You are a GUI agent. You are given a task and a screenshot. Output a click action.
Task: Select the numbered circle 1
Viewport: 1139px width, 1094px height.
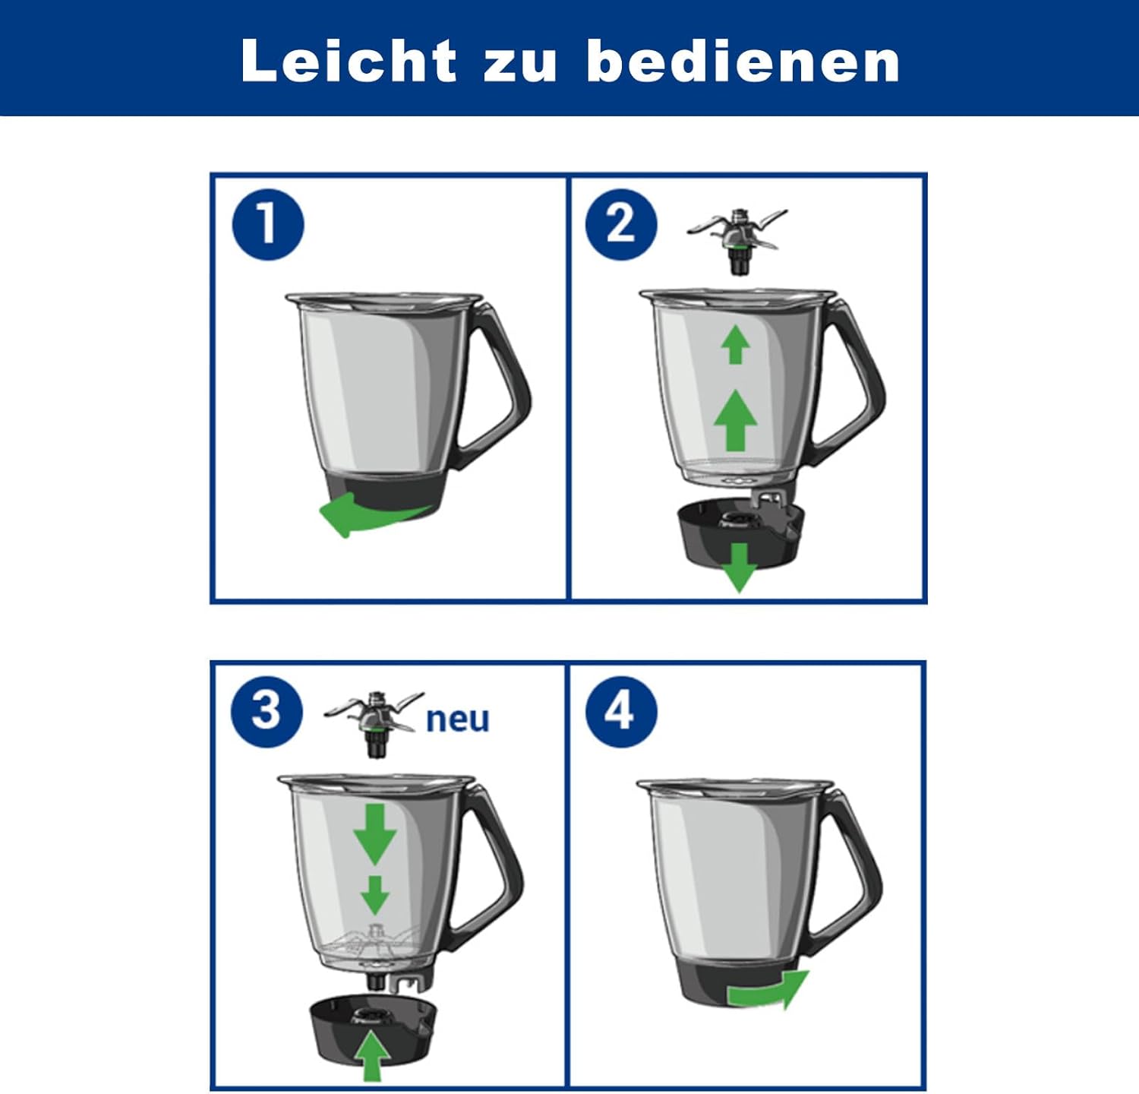click(x=268, y=225)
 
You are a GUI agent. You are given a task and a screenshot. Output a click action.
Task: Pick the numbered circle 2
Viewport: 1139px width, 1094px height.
click(x=621, y=225)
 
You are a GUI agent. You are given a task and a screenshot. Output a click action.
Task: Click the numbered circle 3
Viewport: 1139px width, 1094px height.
click(x=267, y=712)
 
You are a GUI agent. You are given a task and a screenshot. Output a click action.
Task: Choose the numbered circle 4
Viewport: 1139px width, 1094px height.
click(x=620, y=712)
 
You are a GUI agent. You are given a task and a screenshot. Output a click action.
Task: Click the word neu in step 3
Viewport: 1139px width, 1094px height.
click(x=457, y=719)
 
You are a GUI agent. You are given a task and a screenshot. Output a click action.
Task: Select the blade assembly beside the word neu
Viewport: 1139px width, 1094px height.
click(x=373, y=722)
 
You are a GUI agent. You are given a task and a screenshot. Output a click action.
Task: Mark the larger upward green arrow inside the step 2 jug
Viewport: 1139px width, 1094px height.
click(x=735, y=420)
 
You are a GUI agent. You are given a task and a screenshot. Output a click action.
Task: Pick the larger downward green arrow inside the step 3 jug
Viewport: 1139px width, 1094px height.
click(x=375, y=834)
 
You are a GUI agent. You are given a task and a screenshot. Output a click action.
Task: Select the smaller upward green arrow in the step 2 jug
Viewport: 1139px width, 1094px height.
click(x=735, y=343)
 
